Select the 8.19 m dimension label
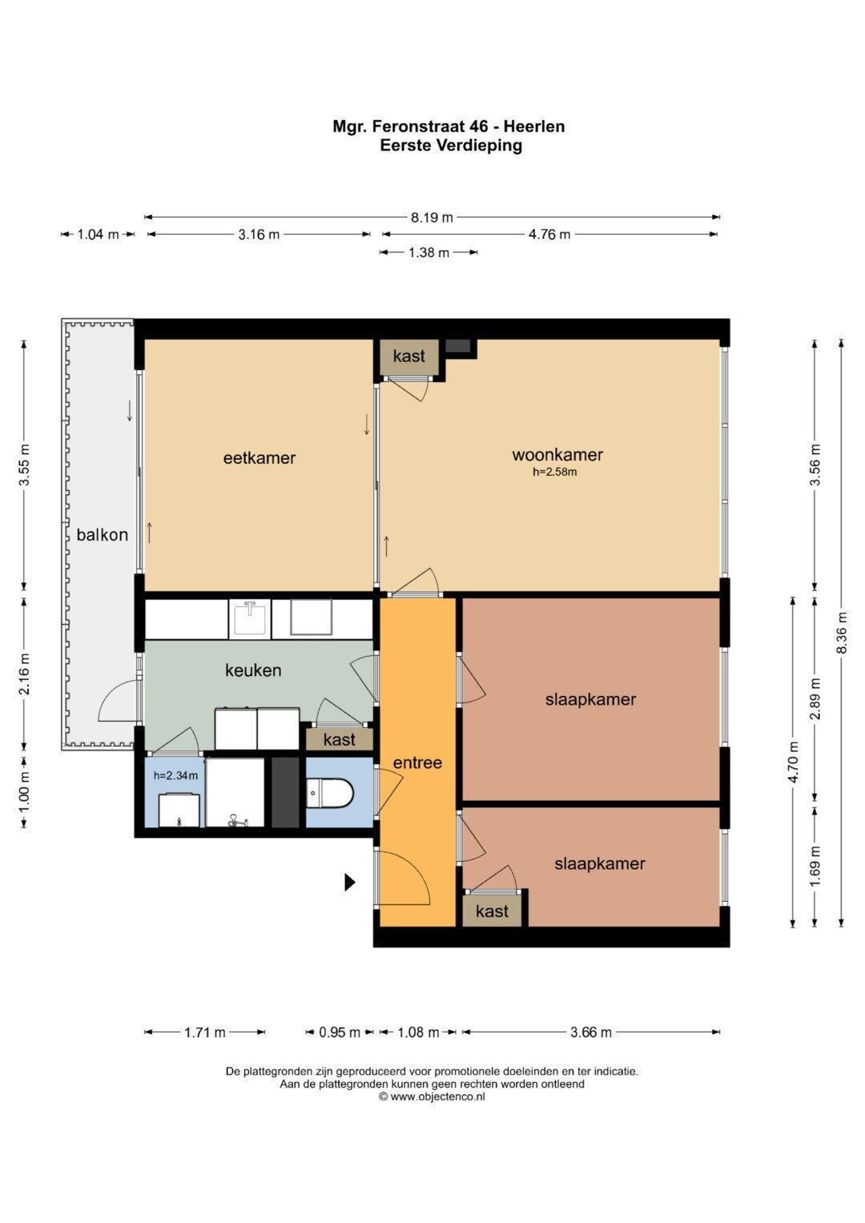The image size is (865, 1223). pyautogui.click(x=432, y=217)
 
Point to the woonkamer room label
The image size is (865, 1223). pyautogui.click(x=557, y=455)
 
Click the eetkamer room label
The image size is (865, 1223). pyautogui.click(x=259, y=457)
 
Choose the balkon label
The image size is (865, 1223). pyautogui.click(x=103, y=534)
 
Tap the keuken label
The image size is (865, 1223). pyautogui.click(x=253, y=670)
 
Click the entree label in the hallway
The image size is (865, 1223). pyautogui.click(x=418, y=762)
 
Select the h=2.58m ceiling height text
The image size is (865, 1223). pyautogui.click(x=555, y=472)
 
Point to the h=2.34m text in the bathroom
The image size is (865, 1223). pyautogui.click(x=176, y=775)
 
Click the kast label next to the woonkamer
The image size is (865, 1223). pyautogui.click(x=409, y=356)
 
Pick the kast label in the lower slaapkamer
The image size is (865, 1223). pyautogui.click(x=492, y=911)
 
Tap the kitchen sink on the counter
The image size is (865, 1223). pyautogui.click(x=250, y=618)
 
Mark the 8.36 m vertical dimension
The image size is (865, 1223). pyautogui.click(x=842, y=632)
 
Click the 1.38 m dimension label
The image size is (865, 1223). pyautogui.click(x=428, y=252)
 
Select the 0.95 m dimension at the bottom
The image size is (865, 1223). pyautogui.click(x=339, y=1032)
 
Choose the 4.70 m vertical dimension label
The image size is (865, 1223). pyautogui.click(x=794, y=762)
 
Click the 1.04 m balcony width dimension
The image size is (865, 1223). pyautogui.click(x=99, y=234)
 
